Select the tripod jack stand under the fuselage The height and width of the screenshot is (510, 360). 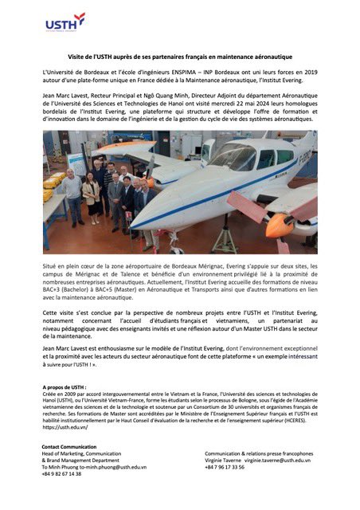pyautogui.click(x=224, y=231)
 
